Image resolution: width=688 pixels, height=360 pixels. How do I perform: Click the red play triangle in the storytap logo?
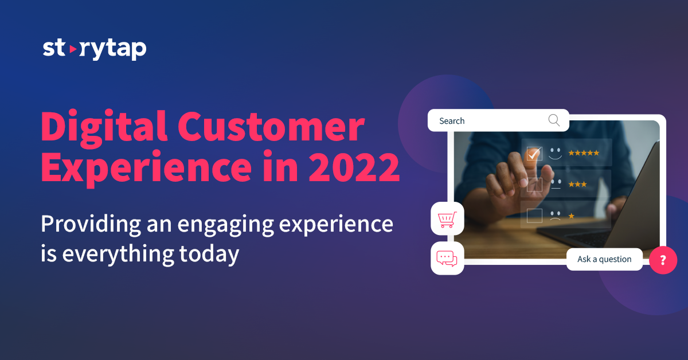coord(73,49)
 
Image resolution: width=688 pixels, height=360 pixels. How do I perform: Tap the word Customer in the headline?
coord(271,127)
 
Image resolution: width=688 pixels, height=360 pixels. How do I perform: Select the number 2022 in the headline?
coord(354,167)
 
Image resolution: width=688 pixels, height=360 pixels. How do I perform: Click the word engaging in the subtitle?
coord(226,225)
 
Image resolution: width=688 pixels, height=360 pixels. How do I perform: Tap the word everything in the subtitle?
coord(118,255)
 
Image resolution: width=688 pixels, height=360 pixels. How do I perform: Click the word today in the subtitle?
coord(209,255)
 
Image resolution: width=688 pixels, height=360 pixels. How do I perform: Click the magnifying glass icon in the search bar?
coord(554,120)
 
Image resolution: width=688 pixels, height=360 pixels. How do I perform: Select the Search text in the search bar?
coord(452,121)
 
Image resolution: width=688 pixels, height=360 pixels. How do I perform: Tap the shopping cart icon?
coord(447,220)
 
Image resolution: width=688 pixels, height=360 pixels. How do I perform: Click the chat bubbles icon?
coord(447,259)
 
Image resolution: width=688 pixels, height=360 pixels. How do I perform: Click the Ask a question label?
coord(604,259)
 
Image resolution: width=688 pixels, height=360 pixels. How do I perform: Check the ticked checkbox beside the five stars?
coord(534,154)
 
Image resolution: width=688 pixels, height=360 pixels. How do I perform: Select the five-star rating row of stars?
coord(584,153)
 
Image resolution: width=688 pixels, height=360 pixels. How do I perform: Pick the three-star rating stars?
coord(577,185)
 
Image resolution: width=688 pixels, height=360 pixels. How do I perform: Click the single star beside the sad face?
coord(571,216)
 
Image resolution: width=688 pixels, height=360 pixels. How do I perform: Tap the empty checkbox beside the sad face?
coord(534,216)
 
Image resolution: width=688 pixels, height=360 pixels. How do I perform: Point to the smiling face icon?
coord(556,154)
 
